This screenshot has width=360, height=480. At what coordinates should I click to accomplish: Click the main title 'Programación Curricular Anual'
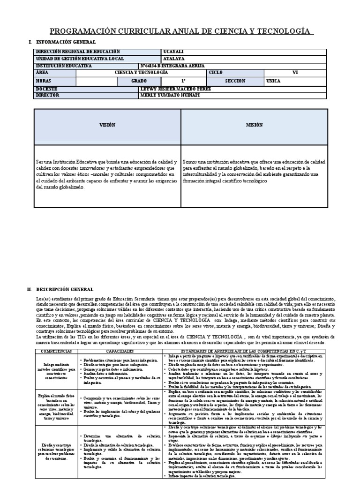[x=180, y=31]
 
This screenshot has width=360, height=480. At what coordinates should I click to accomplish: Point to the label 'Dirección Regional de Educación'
[x=78, y=52]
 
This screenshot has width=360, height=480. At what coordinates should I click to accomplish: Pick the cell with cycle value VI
[x=295, y=73]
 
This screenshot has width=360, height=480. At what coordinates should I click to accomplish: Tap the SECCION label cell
[x=235, y=81]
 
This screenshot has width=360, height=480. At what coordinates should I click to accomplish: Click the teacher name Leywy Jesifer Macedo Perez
[x=176, y=89]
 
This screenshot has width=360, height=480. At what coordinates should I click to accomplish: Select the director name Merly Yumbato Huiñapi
[x=173, y=95]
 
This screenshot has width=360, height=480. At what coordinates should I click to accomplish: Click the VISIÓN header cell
[x=107, y=125]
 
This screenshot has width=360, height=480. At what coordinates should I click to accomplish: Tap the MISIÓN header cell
[x=255, y=125]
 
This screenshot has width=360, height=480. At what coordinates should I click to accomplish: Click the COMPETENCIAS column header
[x=56, y=351]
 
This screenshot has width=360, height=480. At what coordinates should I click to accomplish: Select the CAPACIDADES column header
[x=120, y=351]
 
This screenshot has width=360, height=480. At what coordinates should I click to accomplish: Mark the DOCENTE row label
[x=46, y=89]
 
